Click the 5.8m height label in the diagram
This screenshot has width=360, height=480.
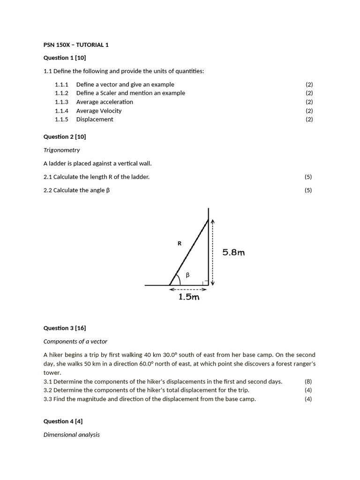[x=233, y=252]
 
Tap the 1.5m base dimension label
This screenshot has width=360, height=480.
[x=188, y=297]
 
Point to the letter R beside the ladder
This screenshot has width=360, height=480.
[x=179, y=243]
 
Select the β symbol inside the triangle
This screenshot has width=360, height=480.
[x=187, y=275]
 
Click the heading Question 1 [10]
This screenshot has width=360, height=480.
[x=65, y=58]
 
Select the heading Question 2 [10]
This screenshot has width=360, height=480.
[x=65, y=136]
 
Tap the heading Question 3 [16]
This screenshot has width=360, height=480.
[x=65, y=328]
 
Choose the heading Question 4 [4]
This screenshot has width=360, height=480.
[x=63, y=421]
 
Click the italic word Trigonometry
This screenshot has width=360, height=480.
[x=61, y=150]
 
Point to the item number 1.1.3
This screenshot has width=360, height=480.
[x=61, y=102]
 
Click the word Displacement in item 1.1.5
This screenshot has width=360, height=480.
[x=95, y=119]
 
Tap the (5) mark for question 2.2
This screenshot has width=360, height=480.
[x=308, y=190]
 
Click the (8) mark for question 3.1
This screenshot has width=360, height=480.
[x=308, y=382]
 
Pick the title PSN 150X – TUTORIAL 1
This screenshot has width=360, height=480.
[x=76, y=45]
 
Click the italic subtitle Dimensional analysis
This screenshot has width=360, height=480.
[x=71, y=435]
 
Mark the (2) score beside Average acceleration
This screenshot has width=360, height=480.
[x=309, y=102]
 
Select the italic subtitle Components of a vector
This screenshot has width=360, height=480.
[x=75, y=341]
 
